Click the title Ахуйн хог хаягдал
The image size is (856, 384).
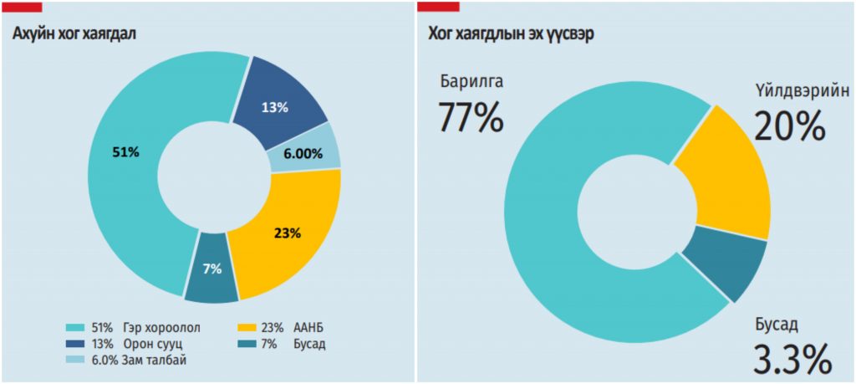coord(74,33)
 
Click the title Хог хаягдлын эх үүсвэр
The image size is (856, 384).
coord(511,33)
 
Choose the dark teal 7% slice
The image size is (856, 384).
coord(211,269)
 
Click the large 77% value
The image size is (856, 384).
coord(470,117)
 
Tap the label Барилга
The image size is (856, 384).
coord(471,83)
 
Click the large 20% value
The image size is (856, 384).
coord(789,126)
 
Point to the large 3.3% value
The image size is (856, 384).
coord(793,357)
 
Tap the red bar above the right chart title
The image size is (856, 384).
coord(438,6)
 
